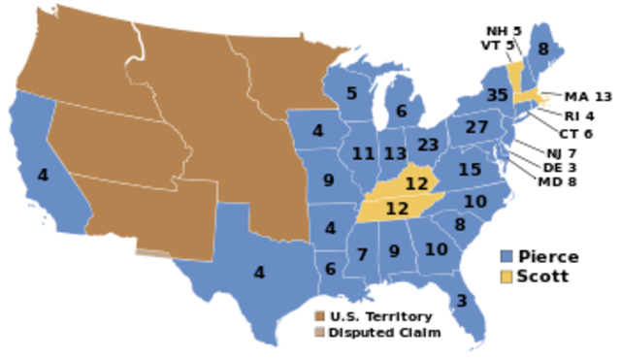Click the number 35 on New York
(498, 95)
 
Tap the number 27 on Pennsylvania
(476, 127)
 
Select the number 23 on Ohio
(428, 145)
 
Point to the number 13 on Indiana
(394, 154)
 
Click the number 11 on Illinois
(363, 154)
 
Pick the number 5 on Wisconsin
(351, 94)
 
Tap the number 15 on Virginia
(470, 170)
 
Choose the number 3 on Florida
(461, 301)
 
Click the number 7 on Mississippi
(362, 255)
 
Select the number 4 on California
(43, 176)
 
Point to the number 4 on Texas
(259, 274)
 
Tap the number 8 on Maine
(543, 49)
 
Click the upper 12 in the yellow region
(416, 183)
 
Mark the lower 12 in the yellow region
(397, 209)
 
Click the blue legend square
(507, 256)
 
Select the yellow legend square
(507, 278)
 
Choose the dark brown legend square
(320, 316)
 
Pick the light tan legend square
(320, 333)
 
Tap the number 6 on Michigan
(401, 112)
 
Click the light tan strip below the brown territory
(151, 255)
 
